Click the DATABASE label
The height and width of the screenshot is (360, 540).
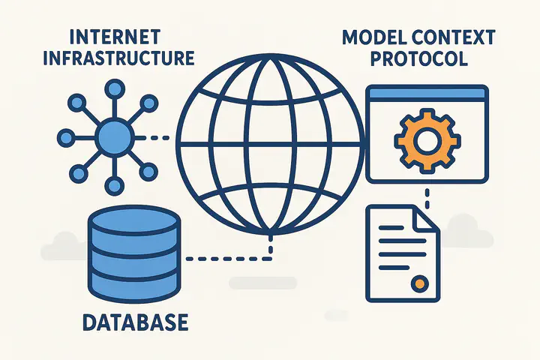pyautogui.click(x=133, y=323)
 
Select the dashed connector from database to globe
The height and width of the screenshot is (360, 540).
pyautogui.click(x=225, y=259)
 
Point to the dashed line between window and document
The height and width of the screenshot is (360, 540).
pyautogui.click(x=427, y=197)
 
